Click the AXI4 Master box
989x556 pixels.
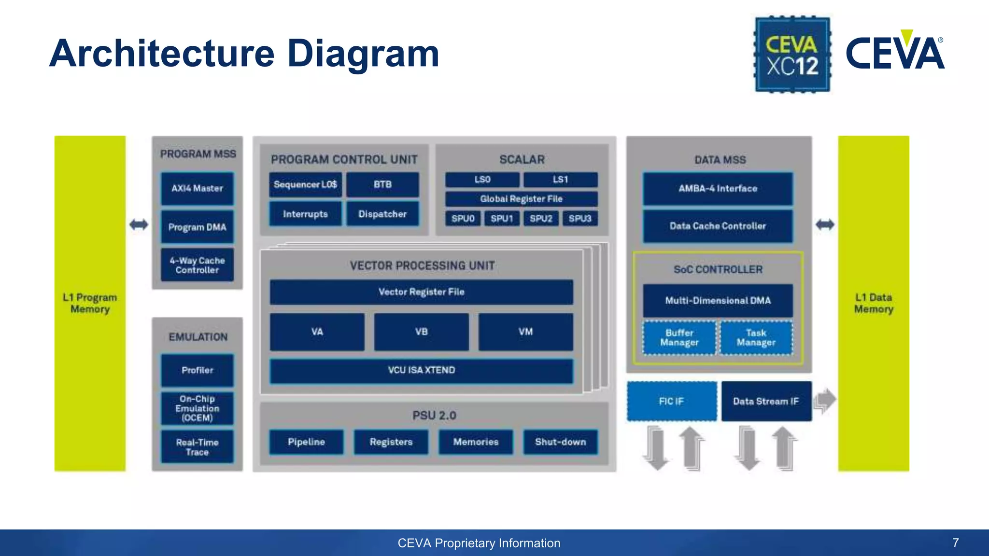coord(197,188)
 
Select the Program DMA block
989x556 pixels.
coord(197,227)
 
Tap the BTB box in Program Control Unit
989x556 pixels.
coord(382,184)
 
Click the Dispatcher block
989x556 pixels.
coord(382,214)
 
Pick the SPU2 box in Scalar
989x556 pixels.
coord(541,219)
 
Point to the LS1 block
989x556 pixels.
coord(560,180)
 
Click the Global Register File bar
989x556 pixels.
coord(521,199)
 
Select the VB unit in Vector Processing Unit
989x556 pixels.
coord(421,332)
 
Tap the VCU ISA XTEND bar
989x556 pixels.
coord(421,370)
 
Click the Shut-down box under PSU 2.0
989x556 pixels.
coord(560,442)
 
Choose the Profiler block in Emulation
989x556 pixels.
coord(197,370)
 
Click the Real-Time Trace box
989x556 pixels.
coord(197,447)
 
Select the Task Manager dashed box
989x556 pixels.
coord(756,338)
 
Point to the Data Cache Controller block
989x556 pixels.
coord(718,226)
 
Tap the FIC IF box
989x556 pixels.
coord(671,401)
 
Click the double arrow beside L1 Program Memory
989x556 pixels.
coord(139,224)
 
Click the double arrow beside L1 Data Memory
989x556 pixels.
coord(825,224)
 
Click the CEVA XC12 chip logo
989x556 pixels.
coord(792,54)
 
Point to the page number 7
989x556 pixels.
coord(955,542)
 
